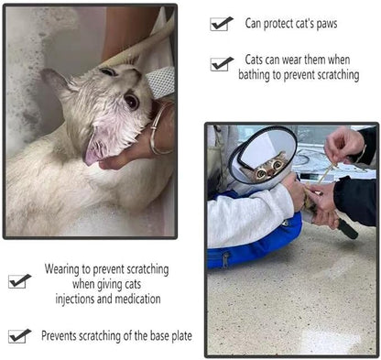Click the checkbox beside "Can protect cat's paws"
pyautogui.click(x=219, y=25)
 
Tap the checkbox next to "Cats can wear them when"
pyautogui.click(x=220, y=64)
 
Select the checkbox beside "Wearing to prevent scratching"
pyautogui.click(x=17, y=281)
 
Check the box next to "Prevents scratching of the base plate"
pyautogui.click(x=17, y=336)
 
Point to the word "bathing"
pyautogui.click(x=254, y=75)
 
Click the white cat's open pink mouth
pyautogui.click(x=93, y=150)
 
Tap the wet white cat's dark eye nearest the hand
pyautogui.click(x=131, y=101)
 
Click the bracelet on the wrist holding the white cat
pyautogui.click(x=159, y=128)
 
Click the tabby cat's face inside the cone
pyautogui.click(x=267, y=169)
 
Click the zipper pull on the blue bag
pyautogui.click(x=225, y=260)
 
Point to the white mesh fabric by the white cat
pyautogui.click(x=160, y=82)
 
